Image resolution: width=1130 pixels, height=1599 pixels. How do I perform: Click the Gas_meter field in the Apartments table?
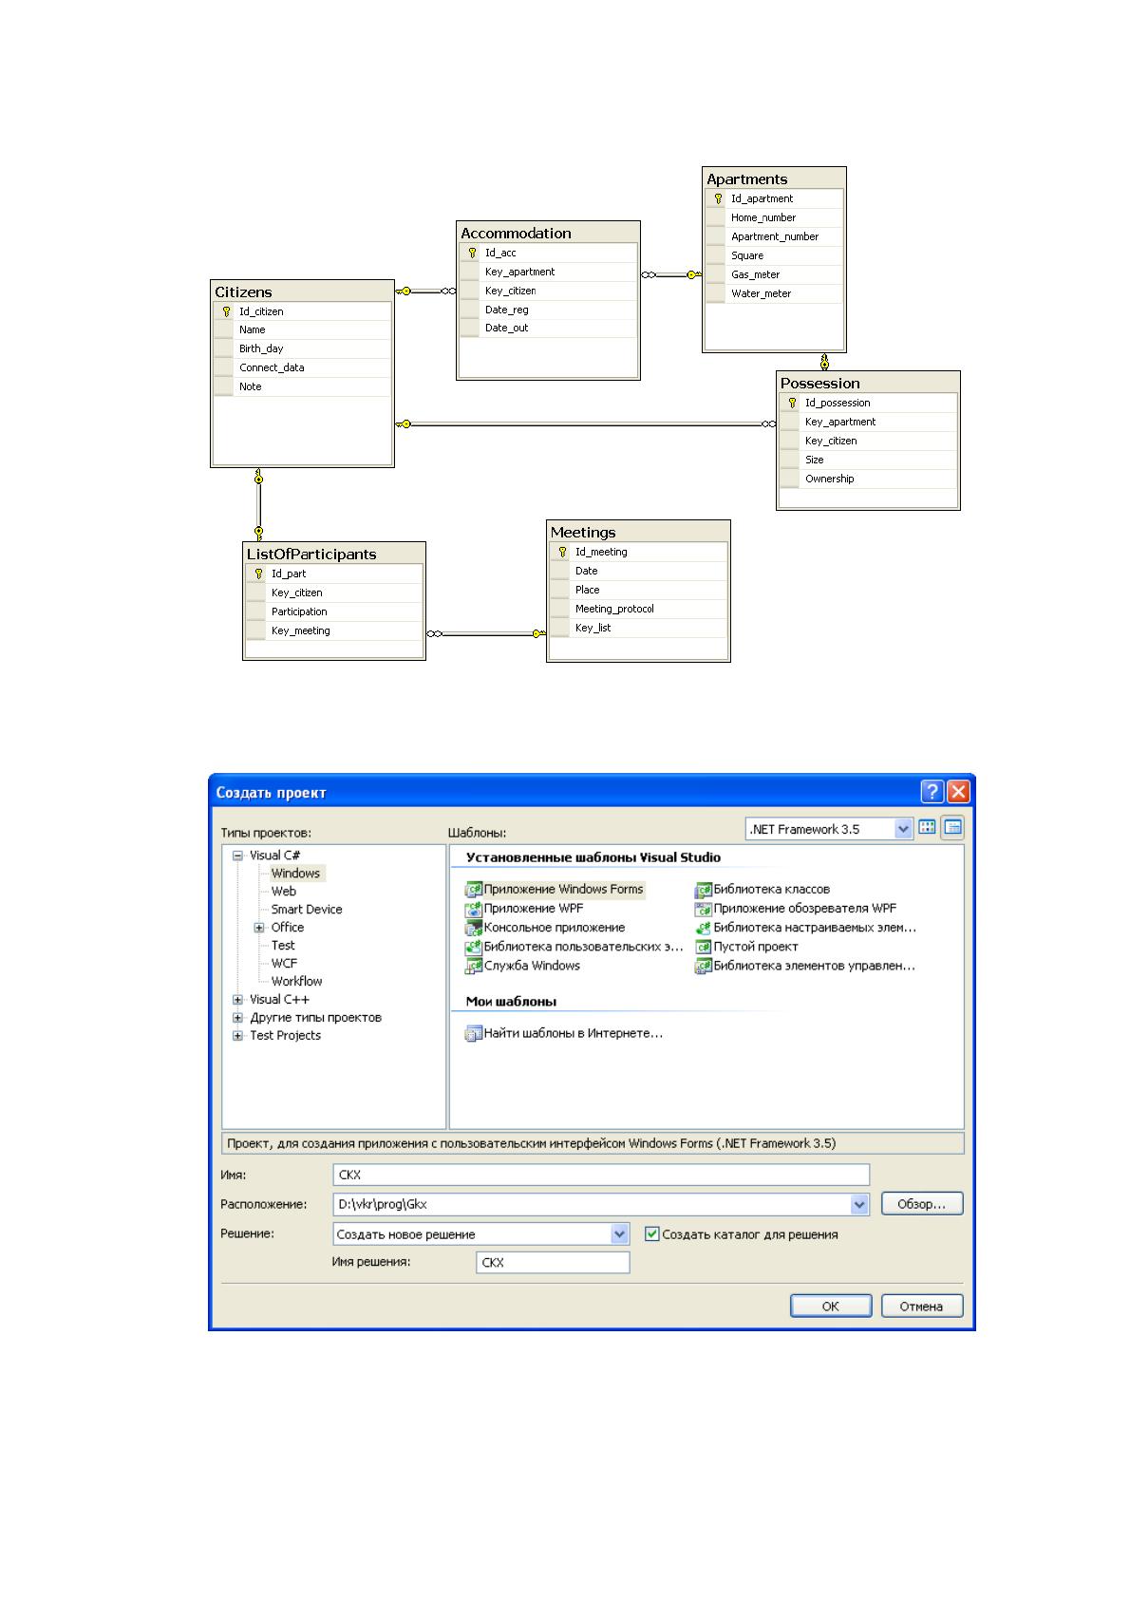pos(755,274)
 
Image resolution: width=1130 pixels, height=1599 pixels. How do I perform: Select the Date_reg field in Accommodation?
pos(506,310)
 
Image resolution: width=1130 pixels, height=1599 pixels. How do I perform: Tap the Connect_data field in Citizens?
pos(272,367)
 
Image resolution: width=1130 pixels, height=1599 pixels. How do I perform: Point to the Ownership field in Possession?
pos(829,479)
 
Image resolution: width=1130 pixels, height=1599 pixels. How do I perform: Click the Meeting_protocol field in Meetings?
pos(613,609)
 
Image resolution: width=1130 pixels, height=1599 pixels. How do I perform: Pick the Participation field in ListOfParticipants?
pos(299,611)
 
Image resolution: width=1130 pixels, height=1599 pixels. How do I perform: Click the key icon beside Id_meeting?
pos(562,552)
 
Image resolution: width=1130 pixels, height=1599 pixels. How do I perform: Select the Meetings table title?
pos(582,532)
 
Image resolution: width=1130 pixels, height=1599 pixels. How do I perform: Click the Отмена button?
pos(921,1306)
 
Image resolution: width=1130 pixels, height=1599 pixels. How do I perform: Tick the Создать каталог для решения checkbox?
pos(651,1233)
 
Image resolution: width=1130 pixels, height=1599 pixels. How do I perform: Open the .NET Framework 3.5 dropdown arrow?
pos(903,829)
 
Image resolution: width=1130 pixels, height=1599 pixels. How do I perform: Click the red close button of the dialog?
pos(958,791)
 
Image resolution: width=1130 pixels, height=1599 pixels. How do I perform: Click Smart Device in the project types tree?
pos(306,909)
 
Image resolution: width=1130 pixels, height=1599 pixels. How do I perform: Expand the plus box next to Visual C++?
pos(237,999)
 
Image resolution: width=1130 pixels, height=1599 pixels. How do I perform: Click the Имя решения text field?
pos(553,1262)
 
